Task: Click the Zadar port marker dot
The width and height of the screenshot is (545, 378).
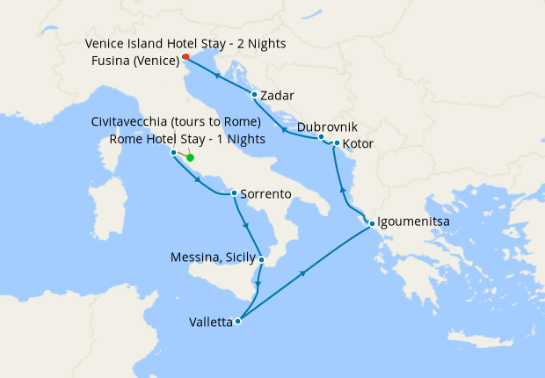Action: (254, 95)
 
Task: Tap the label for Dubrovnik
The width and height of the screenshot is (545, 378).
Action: (327, 127)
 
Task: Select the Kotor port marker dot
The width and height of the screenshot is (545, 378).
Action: (337, 142)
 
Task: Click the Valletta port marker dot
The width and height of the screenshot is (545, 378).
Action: (237, 322)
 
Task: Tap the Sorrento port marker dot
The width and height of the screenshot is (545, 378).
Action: (233, 193)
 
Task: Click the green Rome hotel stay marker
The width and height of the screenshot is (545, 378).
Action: (190, 158)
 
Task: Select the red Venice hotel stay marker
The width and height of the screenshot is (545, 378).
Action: (185, 58)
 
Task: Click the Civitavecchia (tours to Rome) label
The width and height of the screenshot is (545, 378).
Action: (176, 121)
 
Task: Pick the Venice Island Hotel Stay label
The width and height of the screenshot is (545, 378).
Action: (185, 43)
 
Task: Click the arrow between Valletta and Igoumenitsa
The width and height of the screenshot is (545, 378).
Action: (302, 274)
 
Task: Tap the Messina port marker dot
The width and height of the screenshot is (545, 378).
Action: (261, 259)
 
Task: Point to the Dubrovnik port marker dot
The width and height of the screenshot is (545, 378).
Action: (322, 137)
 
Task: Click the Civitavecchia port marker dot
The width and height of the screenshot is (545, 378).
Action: (173, 152)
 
